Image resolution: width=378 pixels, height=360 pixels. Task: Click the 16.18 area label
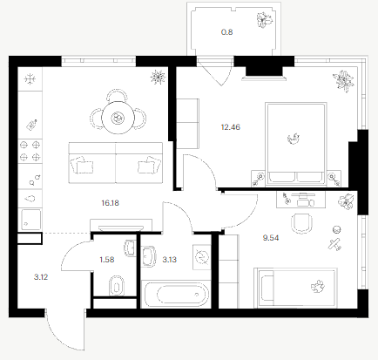tap(110, 203)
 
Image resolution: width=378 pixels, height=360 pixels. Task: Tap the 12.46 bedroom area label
tap(231, 127)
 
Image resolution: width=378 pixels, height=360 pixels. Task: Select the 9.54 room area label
tap(271, 238)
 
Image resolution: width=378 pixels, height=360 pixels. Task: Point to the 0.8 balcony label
tap(226, 32)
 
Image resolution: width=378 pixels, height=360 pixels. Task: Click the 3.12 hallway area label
tap(41, 277)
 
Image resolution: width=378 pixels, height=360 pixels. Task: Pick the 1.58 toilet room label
tap(107, 260)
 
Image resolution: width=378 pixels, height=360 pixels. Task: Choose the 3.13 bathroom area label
tap(169, 260)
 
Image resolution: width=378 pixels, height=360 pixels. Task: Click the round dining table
tap(118, 118)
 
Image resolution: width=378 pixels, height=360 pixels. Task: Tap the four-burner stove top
tap(30, 151)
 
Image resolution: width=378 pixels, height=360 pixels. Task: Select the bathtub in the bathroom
tap(176, 295)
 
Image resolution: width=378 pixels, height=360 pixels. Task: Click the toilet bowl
tap(117, 286)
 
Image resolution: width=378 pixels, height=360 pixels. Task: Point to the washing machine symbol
tap(202, 257)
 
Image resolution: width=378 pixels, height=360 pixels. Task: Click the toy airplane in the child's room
tap(334, 244)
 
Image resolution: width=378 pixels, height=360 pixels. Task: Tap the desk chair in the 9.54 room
tap(302, 223)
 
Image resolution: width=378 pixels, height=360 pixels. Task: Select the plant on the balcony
tap(265, 20)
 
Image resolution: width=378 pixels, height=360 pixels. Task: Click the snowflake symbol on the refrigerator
tap(30, 79)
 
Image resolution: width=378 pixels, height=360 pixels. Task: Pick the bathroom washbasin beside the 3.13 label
tap(149, 256)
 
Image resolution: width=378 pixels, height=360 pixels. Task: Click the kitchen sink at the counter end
tap(30, 220)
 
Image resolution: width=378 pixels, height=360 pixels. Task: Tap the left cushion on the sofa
tap(83, 165)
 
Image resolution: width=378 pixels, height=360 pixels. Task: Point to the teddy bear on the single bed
tap(318, 287)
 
